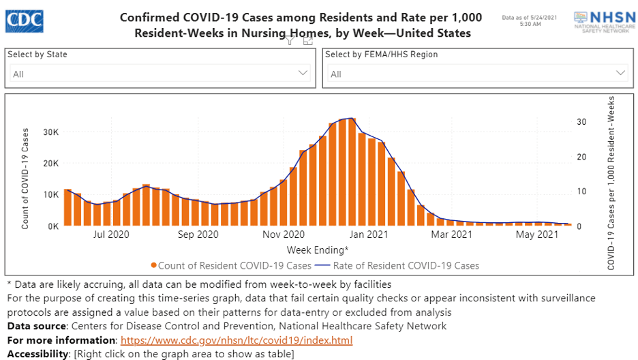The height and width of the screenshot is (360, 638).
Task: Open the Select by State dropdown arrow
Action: (x=303, y=73)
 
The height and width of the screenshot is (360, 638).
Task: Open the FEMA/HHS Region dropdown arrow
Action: (x=621, y=73)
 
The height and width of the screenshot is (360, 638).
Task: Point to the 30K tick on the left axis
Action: (x=50, y=132)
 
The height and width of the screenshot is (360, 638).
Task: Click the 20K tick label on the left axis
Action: (x=50, y=163)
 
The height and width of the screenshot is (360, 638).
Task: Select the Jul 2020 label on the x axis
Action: (x=110, y=235)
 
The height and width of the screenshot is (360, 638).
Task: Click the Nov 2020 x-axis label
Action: (x=282, y=235)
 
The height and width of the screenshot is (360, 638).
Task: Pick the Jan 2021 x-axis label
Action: (x=368, y=235)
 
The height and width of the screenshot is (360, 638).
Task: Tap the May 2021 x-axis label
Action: (x=537, y=235)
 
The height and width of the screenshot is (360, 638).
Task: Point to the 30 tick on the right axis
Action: (x=581, y=122)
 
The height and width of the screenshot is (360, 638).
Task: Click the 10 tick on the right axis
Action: (x=581, y=192)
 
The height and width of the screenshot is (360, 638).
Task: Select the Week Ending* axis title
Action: (x=318, y=250)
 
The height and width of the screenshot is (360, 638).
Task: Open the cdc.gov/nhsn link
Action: (x=237, y=340)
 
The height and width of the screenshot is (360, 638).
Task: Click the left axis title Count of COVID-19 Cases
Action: (x=25, y=177)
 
